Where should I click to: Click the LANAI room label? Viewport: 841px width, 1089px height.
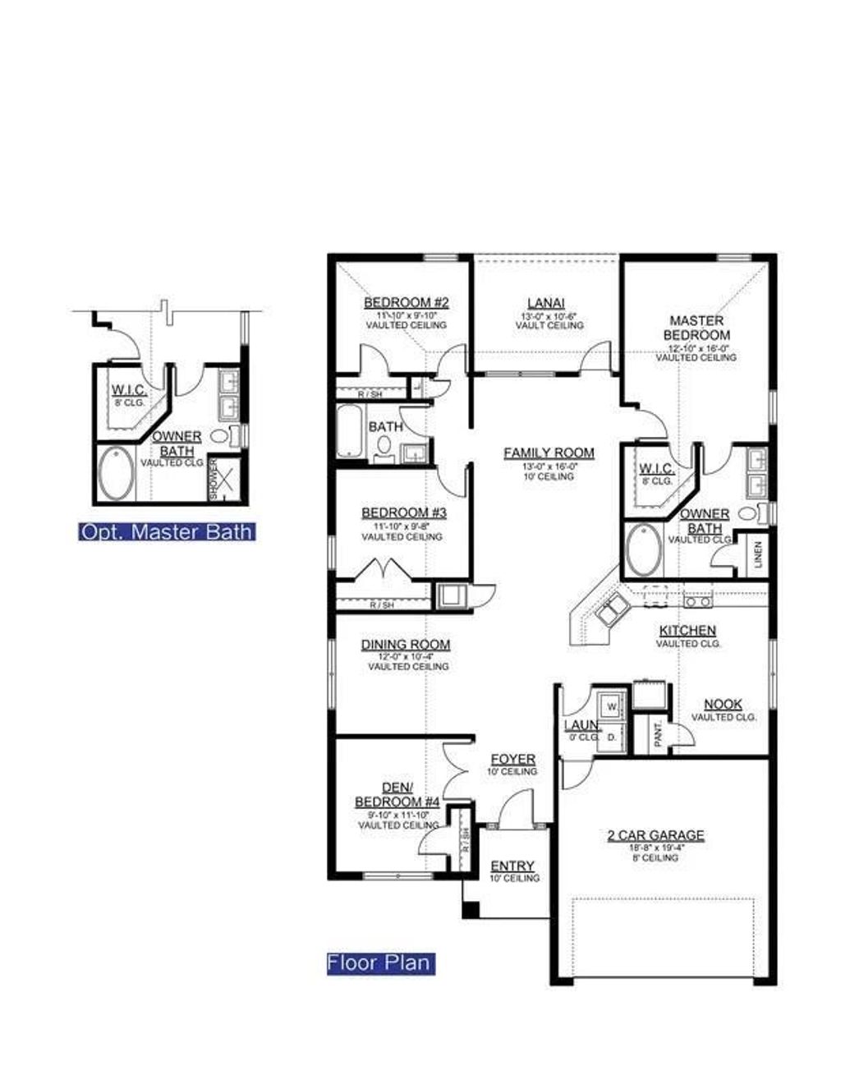pos(546,303)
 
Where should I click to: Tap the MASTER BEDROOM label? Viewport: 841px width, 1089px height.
pos(696,328)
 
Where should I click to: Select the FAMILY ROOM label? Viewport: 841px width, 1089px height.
pos(549,453)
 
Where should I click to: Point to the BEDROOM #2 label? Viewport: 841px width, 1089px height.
pos(407,302)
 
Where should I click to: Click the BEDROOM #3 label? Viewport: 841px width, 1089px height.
pos(403,513)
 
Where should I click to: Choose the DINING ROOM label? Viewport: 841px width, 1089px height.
pos(406,645)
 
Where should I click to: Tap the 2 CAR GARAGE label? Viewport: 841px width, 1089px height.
pos(655,835)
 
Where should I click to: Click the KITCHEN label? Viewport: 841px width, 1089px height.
pos(687,631)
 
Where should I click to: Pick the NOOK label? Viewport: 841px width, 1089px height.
pos(723,704)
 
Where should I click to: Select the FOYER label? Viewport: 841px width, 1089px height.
pos(512,760)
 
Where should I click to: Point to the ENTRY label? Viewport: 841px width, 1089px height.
pos(512,866)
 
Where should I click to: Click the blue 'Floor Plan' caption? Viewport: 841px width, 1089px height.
pos(379,963)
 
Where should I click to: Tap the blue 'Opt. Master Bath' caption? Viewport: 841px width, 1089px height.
pos(166,531)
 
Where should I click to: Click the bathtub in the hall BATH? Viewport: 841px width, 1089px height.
pos(348,430)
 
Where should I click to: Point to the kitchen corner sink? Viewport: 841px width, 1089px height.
pos(612,610)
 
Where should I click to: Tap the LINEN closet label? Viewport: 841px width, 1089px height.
pos(757,554)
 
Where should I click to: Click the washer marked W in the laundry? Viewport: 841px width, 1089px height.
pos(612,705)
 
